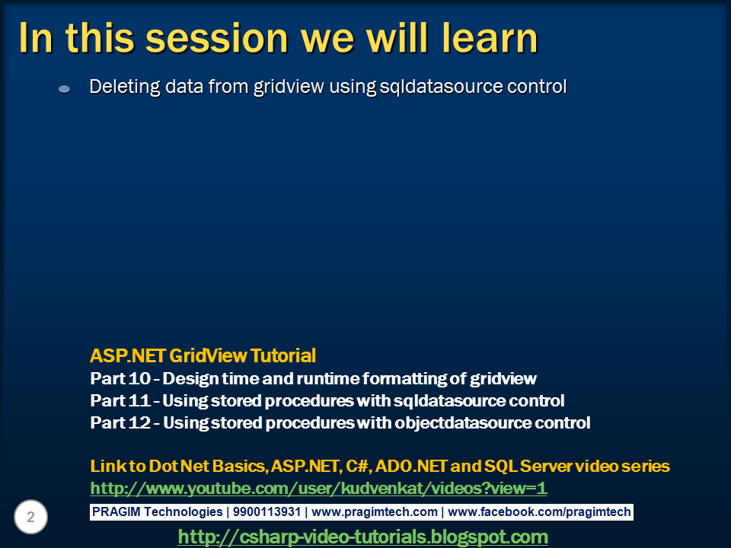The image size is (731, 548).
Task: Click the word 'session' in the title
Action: (217, 38)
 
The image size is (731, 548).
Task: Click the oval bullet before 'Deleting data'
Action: (64, 88)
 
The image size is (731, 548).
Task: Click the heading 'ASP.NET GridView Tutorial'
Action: (203, 355)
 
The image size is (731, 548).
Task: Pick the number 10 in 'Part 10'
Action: (139, 378)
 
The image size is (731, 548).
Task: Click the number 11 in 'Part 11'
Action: (139, 400)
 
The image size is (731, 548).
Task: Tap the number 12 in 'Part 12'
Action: (139, 422)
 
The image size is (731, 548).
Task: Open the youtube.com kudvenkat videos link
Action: (318, 488)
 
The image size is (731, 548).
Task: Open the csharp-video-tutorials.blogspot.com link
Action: (362, 537)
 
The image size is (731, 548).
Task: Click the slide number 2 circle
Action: (30, 517)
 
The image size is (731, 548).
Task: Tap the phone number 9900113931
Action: (267, 511)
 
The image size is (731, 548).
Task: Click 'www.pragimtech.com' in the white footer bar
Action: (375, 511)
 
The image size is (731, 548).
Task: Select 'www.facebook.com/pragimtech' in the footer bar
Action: (539, 511)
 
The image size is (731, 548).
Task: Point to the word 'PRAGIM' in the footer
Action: (116, 511)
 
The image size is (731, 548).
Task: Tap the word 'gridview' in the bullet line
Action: (289, 87)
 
